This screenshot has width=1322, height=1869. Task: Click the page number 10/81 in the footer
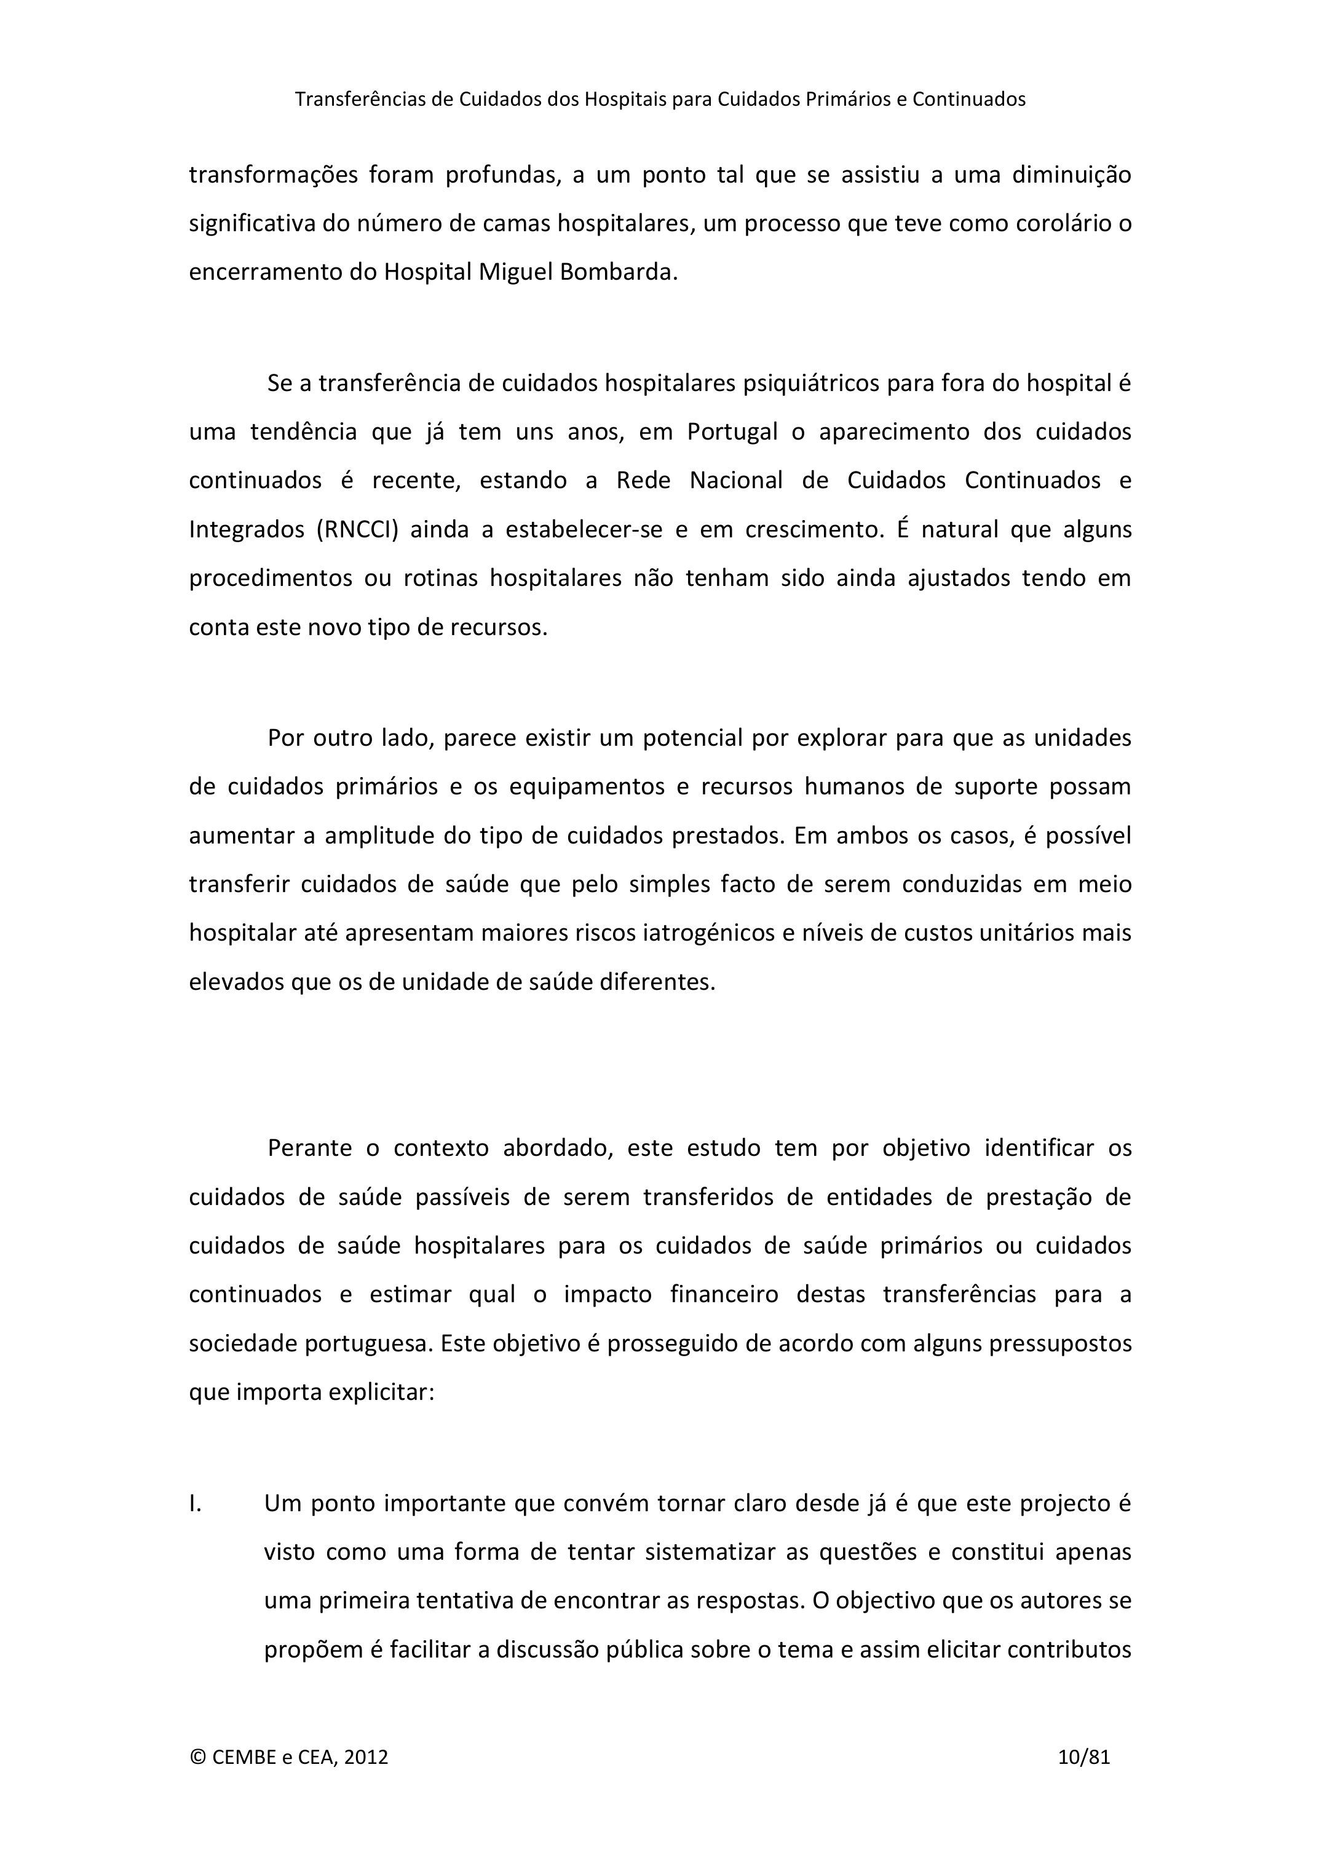pos(1083,1756)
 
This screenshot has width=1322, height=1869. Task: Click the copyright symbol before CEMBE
pos(198,1756)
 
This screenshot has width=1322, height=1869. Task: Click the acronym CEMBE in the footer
pos(244,1756)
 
